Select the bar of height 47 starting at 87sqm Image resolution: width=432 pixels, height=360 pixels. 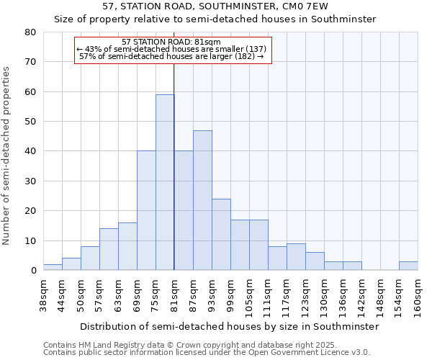coord(202,200)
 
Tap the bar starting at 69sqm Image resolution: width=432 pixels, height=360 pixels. coord(146,210)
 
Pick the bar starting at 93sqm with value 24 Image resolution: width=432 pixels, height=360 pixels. coord(221,234)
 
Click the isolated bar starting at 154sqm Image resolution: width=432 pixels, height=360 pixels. coord(408,266)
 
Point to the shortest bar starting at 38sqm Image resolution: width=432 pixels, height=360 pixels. coord(53,267)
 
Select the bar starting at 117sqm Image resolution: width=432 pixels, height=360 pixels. coord(296,257)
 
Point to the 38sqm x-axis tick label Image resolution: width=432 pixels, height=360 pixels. coord(44,295)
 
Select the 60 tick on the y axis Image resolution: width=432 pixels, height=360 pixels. coord(30,92)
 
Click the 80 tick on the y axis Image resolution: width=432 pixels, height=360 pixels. coord(30,32)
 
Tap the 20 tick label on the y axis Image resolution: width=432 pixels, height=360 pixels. coord(30,211)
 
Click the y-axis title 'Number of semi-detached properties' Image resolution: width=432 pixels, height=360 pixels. coord(7,155)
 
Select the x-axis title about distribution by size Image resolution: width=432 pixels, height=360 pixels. coord(229,326)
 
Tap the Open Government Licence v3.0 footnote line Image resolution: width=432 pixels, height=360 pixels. coord(207,352)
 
